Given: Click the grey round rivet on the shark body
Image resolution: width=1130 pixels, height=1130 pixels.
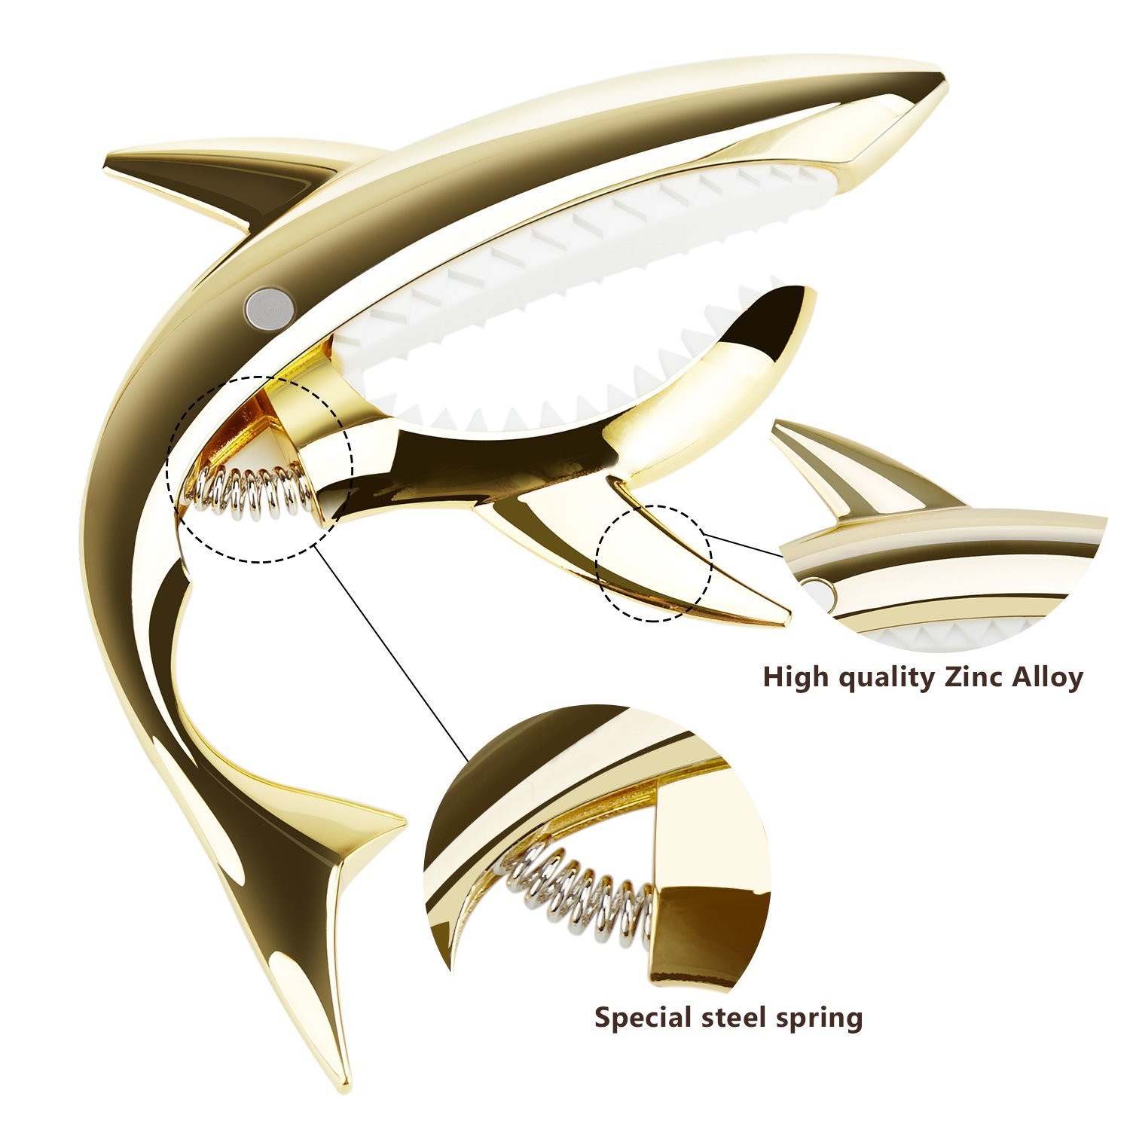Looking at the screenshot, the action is [269, 306].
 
